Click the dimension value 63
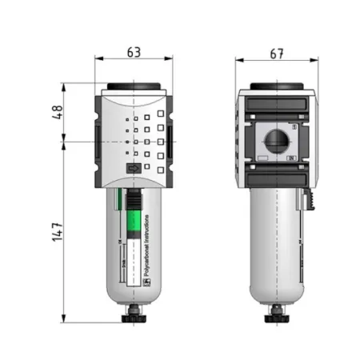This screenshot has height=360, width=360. click(x=134, y=53)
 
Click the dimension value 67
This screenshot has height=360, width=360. click(x=277, y=53)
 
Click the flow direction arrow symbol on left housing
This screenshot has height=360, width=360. click(x=134, y=169)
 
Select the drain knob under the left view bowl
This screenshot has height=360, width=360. click(x=134, y=318)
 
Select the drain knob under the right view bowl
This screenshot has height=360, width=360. click(x=277, y=318)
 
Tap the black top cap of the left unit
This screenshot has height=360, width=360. click(x=134, y=87)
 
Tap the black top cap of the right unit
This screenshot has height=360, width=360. click(x=277, y=87)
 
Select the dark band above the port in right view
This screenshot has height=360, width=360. click(x=277, y=105)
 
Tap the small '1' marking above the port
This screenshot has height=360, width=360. click(x=294, y=126)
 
